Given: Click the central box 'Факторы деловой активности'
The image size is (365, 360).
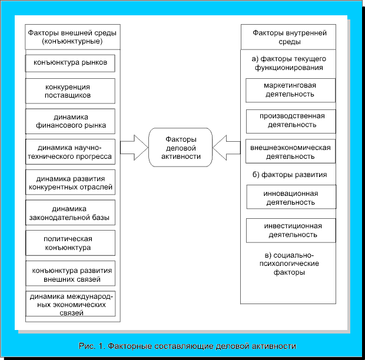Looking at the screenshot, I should tap(180, 147).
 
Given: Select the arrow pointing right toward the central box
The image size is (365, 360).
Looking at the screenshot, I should tap(134, 147).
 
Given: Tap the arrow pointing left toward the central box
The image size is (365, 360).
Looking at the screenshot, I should tap(227, 147).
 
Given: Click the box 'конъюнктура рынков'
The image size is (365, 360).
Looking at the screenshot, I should tap(71, 62).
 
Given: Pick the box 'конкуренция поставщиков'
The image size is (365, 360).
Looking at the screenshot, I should tap(71, 91).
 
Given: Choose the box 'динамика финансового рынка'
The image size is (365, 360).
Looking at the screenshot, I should tap(71, 121).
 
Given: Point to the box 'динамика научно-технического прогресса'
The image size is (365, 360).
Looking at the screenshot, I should tap(71, 151).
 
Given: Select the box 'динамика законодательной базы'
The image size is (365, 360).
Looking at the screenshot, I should tap(71, 212).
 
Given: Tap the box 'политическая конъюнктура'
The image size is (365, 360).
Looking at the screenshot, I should tap(71, 243).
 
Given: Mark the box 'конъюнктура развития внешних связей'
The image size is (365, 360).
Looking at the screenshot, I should tap(71, 274).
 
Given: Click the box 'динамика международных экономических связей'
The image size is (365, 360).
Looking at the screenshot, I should tap(71, 304).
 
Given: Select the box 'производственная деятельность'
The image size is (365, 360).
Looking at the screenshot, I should tap(290, 120).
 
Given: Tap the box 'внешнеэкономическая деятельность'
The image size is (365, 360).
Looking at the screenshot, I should tap(290, 152).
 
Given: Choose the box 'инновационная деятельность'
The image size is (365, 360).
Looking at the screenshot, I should tap(290, 197).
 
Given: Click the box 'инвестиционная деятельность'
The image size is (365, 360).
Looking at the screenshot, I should tap(290, 229).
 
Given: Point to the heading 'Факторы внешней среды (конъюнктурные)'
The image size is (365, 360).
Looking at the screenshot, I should tap(72, 38).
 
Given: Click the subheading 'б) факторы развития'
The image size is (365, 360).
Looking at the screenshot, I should tap(290, 175).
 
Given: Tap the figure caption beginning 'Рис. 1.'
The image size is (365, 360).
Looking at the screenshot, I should tap(187, 345).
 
